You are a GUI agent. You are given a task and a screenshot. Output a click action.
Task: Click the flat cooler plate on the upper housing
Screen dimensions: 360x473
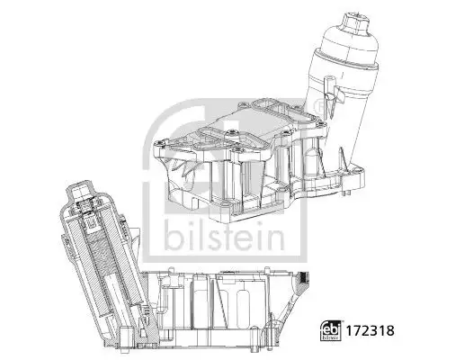click(243, 126)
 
